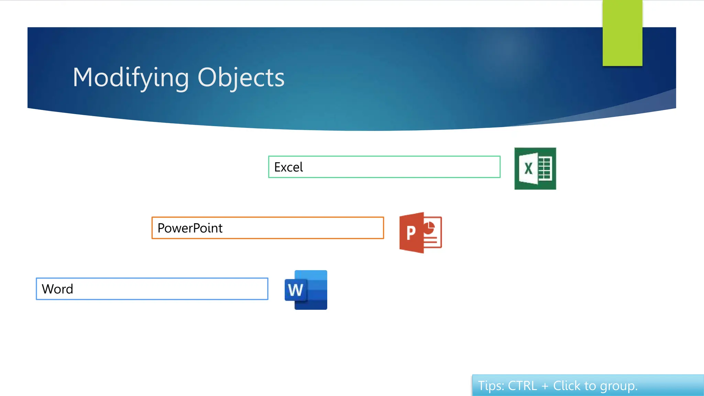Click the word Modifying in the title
click(x=131, y=78)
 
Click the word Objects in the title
click(x=241, y=78)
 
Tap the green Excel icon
click(x=535, y=168)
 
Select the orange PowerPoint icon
click(x=420, y=233)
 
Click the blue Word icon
click(x=306, y=290)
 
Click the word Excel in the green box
click(x=288, y=167)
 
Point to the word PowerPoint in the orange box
click(x=190, y=228)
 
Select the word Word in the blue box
click(x=57, y=289)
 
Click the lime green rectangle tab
click(x=622, y=33)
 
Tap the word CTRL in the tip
click(x=522, y=386)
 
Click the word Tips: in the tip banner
click(x=491, y=386)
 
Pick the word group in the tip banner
click(x=618, y=387)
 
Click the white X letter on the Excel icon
click(x=528, y=168)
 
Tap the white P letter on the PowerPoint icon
click(x=411, y=233)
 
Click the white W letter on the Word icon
click(x=295, y=290)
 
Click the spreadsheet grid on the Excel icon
click(x=545, y=168)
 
